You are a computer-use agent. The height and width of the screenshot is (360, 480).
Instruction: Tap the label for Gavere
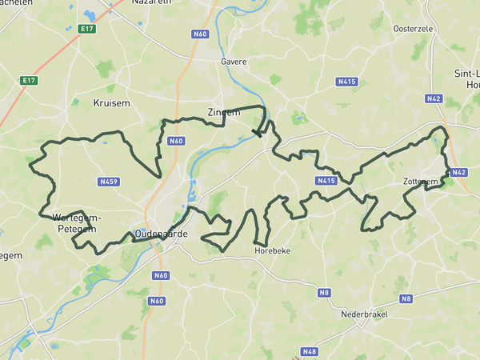(x=234, y=61)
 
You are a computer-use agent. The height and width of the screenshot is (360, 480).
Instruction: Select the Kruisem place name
(x=111, y=103)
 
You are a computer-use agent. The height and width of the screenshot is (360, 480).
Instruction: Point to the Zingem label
(x=223, y=113)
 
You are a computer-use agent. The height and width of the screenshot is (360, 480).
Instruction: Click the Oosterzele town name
(x=413, y=29)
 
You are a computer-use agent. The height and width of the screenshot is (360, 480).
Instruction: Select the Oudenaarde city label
(x=161, y=233)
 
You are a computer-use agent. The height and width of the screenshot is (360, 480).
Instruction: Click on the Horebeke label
(x=271, y=250)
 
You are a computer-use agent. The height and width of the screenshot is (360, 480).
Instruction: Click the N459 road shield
(x=109, y=182)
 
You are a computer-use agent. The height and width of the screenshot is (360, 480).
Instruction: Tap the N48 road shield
(x=310, y=351)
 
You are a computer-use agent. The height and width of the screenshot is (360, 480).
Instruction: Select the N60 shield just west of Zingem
(x=176, y=141)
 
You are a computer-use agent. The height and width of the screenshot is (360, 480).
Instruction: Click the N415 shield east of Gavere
(x=346, y=82)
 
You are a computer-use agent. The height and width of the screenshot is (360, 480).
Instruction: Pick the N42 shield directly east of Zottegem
(x=458, y=172)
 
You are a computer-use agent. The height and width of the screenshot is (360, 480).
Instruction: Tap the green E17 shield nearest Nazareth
(x=88, y=29)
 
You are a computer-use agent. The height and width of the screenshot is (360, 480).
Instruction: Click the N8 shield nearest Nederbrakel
(x=406, y=298)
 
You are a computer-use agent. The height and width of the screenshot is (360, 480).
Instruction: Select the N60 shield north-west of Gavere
(x=200, y=34)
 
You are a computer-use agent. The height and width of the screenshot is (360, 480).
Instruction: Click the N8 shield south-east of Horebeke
(x=324, y=293)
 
